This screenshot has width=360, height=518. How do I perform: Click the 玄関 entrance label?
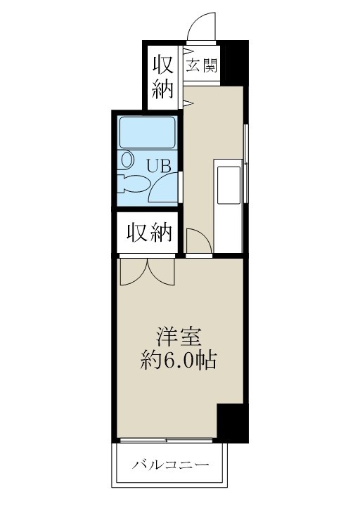click(201, 66)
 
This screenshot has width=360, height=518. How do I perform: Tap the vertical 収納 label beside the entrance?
click(162, 77)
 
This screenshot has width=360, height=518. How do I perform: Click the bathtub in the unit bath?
click(147, 132)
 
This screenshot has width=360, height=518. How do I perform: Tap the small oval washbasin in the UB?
click(127, 160)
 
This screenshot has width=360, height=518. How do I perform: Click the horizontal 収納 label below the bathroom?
click(150, 233)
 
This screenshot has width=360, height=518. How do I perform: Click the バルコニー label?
click(170, 466)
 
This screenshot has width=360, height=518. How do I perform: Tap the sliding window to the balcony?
click(166, 441)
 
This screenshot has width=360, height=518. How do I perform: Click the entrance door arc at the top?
click(201, 30)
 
